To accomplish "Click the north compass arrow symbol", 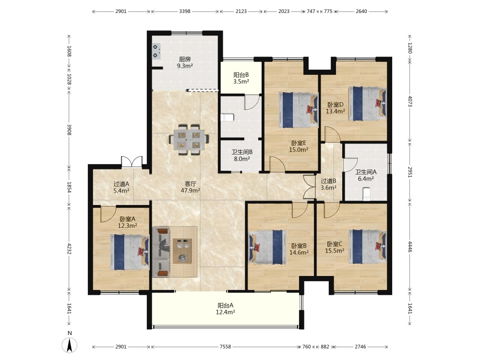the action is (x=70, y=345).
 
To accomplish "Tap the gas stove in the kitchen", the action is (x=156, y=51).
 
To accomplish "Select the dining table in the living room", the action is (x=190, y=139).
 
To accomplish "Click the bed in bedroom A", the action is (x=130, y=252).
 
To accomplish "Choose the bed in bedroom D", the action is (x=367, y=104).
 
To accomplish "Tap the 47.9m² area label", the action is (x=191, y=191).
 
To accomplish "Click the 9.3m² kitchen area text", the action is (x=185, y=66).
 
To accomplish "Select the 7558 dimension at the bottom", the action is (x=225, y=347).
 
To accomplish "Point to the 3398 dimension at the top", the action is (x=185, y=12).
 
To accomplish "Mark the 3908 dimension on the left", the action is (x=69, y=130).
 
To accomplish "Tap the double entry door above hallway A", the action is (x=132, y=162).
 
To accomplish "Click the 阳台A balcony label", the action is (x=226, y=305).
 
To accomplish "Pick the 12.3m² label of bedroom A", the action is (x=127, y=226).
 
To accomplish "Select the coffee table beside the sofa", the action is (x=183, y=251).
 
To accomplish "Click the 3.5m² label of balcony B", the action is (x=241, y=82).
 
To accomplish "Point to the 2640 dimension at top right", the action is (x=361, y=12).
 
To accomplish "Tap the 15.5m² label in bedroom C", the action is (x=335, y=251).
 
